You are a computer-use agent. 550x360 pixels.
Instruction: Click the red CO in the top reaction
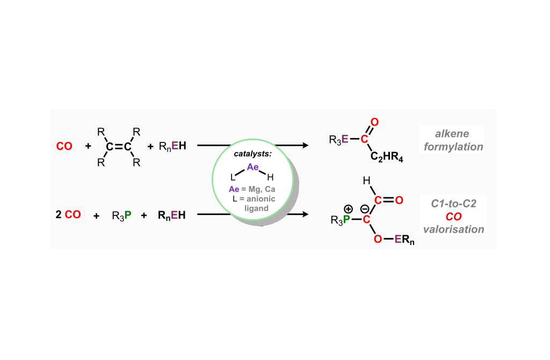[x=64, y=146]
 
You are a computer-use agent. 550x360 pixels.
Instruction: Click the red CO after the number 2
[x=73, y=215]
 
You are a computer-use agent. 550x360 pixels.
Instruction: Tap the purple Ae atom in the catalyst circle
[x=252, y=167]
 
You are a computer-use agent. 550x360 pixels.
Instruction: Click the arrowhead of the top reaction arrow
[x=307, y=146]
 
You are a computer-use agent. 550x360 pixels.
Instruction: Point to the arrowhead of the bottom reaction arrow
[x=307, y=215]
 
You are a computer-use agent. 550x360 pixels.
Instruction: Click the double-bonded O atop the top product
[x=375, y=123]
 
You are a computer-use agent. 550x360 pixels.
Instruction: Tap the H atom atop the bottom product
[x=367, y=182]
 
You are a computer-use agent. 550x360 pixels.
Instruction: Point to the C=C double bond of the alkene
[x=118, y=146]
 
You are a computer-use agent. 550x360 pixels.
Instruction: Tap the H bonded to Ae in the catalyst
[x=270, y=177]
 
